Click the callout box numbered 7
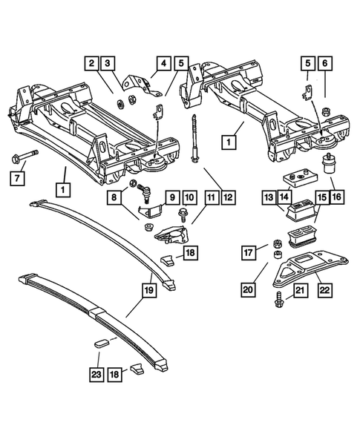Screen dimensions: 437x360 (16, 177)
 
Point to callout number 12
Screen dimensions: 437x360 (228, 197)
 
